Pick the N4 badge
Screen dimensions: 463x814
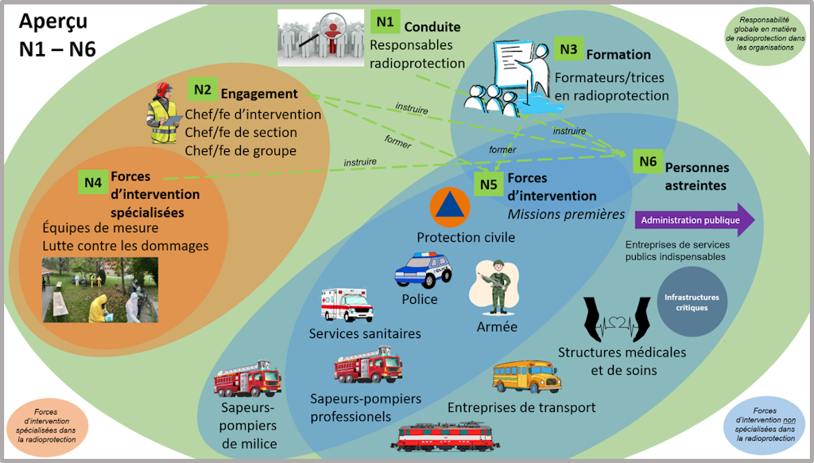[x=93, y=181]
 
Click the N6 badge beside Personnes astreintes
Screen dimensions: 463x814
[x=648, y=161]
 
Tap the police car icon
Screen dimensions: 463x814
[x=423, y=270]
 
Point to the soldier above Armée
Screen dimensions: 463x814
[x=497, y=287]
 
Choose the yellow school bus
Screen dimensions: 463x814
[x=526, y=376]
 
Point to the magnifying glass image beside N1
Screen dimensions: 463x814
[x=321, y=38]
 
